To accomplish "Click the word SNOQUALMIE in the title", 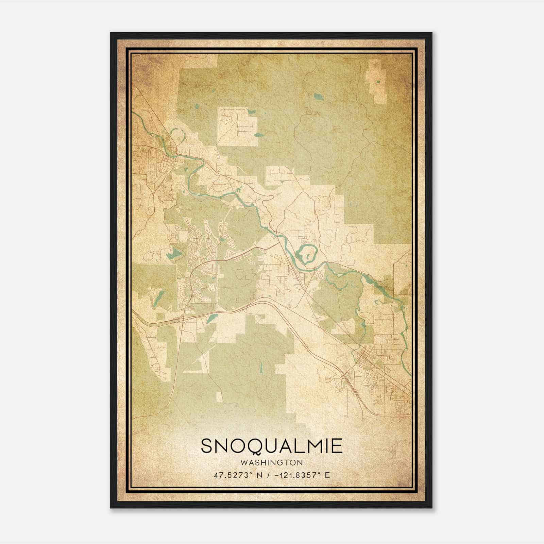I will coord(271,446).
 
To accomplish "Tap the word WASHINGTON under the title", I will coord(271,462).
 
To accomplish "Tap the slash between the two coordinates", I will coord(269,475).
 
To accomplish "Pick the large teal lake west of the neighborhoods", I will coord(175,253).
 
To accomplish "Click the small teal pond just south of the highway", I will coord(211,318).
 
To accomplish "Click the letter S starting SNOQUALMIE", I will coord(207,446).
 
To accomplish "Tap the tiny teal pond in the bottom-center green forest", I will coord(261,368).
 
